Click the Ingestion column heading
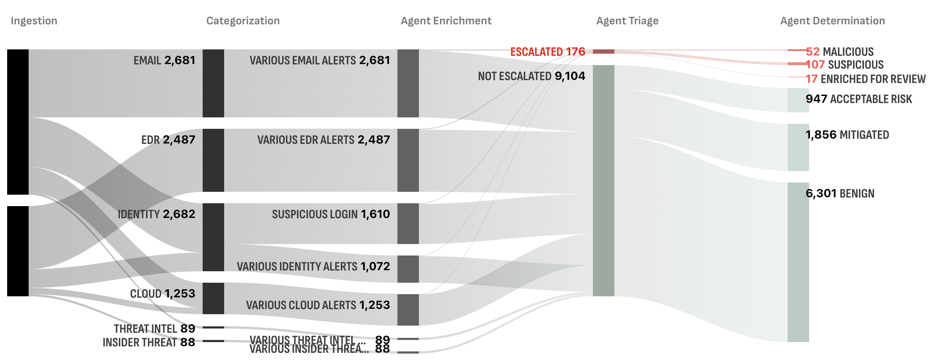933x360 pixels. tap(34, 21)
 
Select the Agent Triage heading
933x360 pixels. tap(627, 21)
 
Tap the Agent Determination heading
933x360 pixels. tap(832, 21)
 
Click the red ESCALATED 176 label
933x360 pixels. tap(548, 52)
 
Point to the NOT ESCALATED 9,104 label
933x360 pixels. tap(531, 76)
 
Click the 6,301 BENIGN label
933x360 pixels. tap(840, 193)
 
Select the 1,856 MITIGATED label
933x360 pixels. tap(847, 135)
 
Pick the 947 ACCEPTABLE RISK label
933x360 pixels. tap(859, 99)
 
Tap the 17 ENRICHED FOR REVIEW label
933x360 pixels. tap(865, 79)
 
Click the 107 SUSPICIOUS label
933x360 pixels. tap(845, 65)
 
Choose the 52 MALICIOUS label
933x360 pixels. tap(840, 52)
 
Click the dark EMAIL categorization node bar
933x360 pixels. tap(213, 83)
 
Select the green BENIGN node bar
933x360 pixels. tap(798, 262)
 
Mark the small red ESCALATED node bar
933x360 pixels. tap(603, 52)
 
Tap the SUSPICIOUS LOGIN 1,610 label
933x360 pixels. tap(331, 214)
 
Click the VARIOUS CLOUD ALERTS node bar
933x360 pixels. tap(408, 310)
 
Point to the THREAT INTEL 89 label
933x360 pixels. tap(154, 329)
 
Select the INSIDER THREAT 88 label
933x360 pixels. tap(149, 342)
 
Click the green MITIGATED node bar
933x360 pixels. tap(798, 147)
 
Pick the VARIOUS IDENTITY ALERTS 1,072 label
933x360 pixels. tap(313, 267)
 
